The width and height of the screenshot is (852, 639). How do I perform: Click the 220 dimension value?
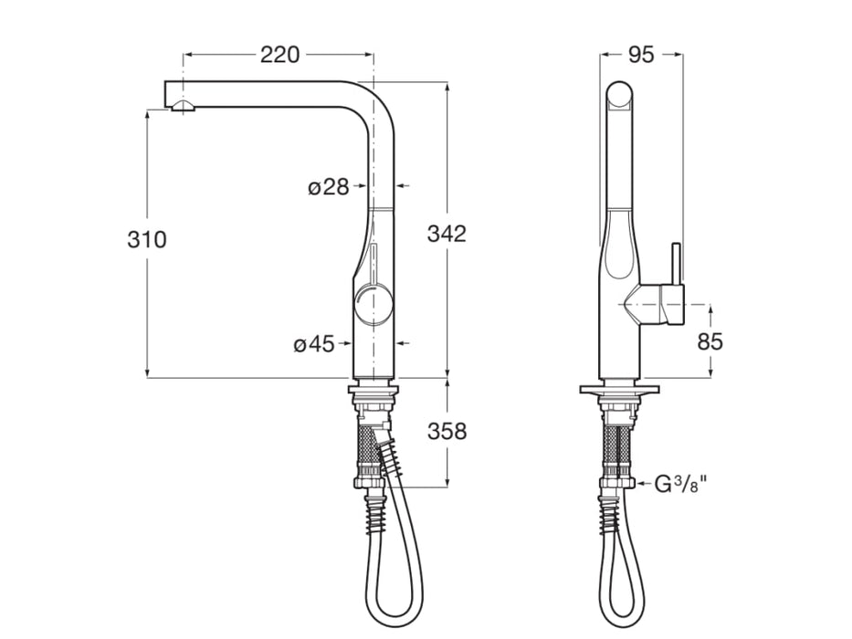point(279,55)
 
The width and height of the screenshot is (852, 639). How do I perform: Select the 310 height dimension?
point(147,240)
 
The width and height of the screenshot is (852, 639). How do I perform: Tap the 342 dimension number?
point(447,234)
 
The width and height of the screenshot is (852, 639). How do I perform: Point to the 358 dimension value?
point(447,431)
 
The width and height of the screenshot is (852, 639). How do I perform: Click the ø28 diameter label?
point(329,187)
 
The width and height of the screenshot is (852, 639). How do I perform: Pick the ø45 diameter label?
point(314,344)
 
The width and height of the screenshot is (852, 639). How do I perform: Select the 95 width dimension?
point(641,55)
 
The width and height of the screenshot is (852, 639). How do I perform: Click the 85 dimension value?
point(710,341)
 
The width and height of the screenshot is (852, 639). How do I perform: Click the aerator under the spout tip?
point(183,107)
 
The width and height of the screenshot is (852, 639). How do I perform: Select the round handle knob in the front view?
point(373,304)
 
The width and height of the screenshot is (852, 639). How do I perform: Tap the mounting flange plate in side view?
point(620,390)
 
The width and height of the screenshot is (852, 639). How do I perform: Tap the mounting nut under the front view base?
point(373,403)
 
